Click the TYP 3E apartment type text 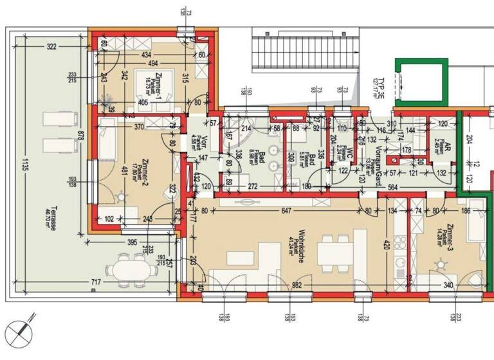click(x=381, y=84)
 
